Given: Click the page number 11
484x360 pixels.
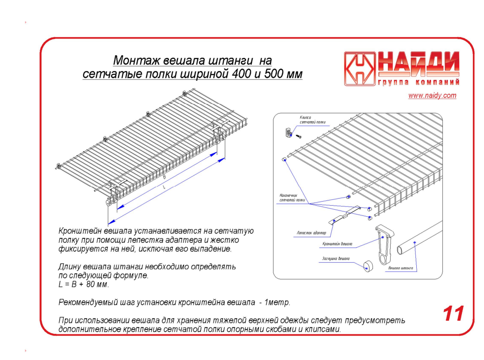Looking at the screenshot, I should coord(453,314).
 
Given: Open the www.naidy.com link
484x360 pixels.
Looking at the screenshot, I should coord(432,96).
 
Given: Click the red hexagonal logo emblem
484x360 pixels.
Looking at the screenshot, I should coord(359,69).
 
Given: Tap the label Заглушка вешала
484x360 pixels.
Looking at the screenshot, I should coord(335,259).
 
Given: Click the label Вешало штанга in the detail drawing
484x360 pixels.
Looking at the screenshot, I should coord(400,268).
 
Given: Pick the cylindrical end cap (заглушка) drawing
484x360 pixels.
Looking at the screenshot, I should coord(368,266).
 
